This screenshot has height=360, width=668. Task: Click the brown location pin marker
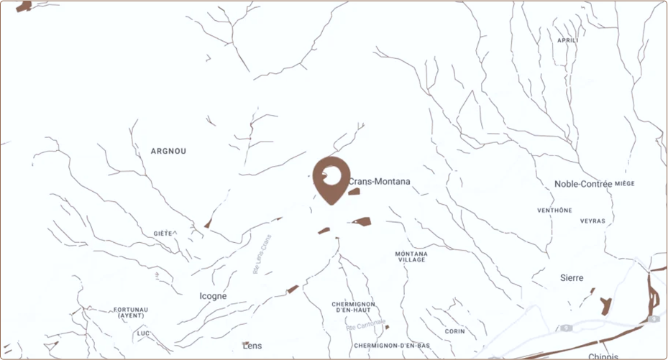click(x=330, y=178)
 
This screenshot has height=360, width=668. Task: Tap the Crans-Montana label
click(x=379, y=182)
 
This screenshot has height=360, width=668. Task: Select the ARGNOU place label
click(x=168, y=151)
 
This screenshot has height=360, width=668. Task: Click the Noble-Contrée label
click(x=583, y=184)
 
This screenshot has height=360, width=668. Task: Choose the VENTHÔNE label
click(x=554, y=211)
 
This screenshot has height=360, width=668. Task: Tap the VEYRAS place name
click(x=592, y=221)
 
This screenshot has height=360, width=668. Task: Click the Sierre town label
click(x=572, y=277)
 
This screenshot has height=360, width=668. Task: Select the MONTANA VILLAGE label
click(x=411, y=257)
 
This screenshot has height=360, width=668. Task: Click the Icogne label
click(x=213, y=296)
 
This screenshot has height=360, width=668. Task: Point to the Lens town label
click(x=252, y=346)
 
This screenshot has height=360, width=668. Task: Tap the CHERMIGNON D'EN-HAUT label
click(x=352, y=307)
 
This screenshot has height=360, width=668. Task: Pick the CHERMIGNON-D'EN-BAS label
click(x=392, y=346)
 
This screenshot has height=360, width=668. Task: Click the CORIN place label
click(x=454, y=331)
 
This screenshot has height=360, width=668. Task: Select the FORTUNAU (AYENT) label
click(x=131, y=313)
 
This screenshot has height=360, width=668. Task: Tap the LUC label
click(x=143, y=333)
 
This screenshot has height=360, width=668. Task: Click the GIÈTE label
click(x=163, y=234)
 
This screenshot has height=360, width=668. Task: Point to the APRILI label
click(x=567, y=40)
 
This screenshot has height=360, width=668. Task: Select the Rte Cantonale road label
click(x=366, y=325)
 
